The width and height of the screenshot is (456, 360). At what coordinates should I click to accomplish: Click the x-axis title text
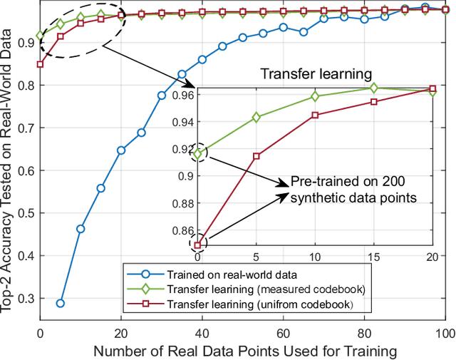(x=242, y=351)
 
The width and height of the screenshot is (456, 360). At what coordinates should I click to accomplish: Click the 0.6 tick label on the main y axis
(x=28, y=170)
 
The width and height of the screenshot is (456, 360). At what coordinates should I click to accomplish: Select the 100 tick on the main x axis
(x=445, y=333)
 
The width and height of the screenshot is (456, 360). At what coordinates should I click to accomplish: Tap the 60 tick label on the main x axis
(x=283, y=333)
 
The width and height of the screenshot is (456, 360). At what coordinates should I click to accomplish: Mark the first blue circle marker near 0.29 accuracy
(x=61, y=303)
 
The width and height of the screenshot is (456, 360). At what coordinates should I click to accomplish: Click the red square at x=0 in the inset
(x=197, y=245)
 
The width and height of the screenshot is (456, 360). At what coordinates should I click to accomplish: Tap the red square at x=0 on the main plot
(x=41, y=64)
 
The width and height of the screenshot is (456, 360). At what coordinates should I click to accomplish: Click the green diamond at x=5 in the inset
(x=256, y=117)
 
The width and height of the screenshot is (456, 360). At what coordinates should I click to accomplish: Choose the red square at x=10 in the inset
(x=315, y=115)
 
